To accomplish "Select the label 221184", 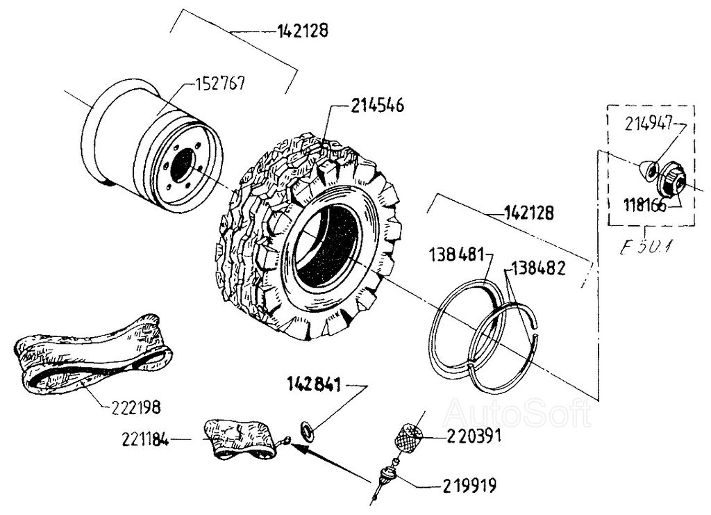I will point(144,439).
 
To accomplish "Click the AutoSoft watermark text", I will point(517,414).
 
